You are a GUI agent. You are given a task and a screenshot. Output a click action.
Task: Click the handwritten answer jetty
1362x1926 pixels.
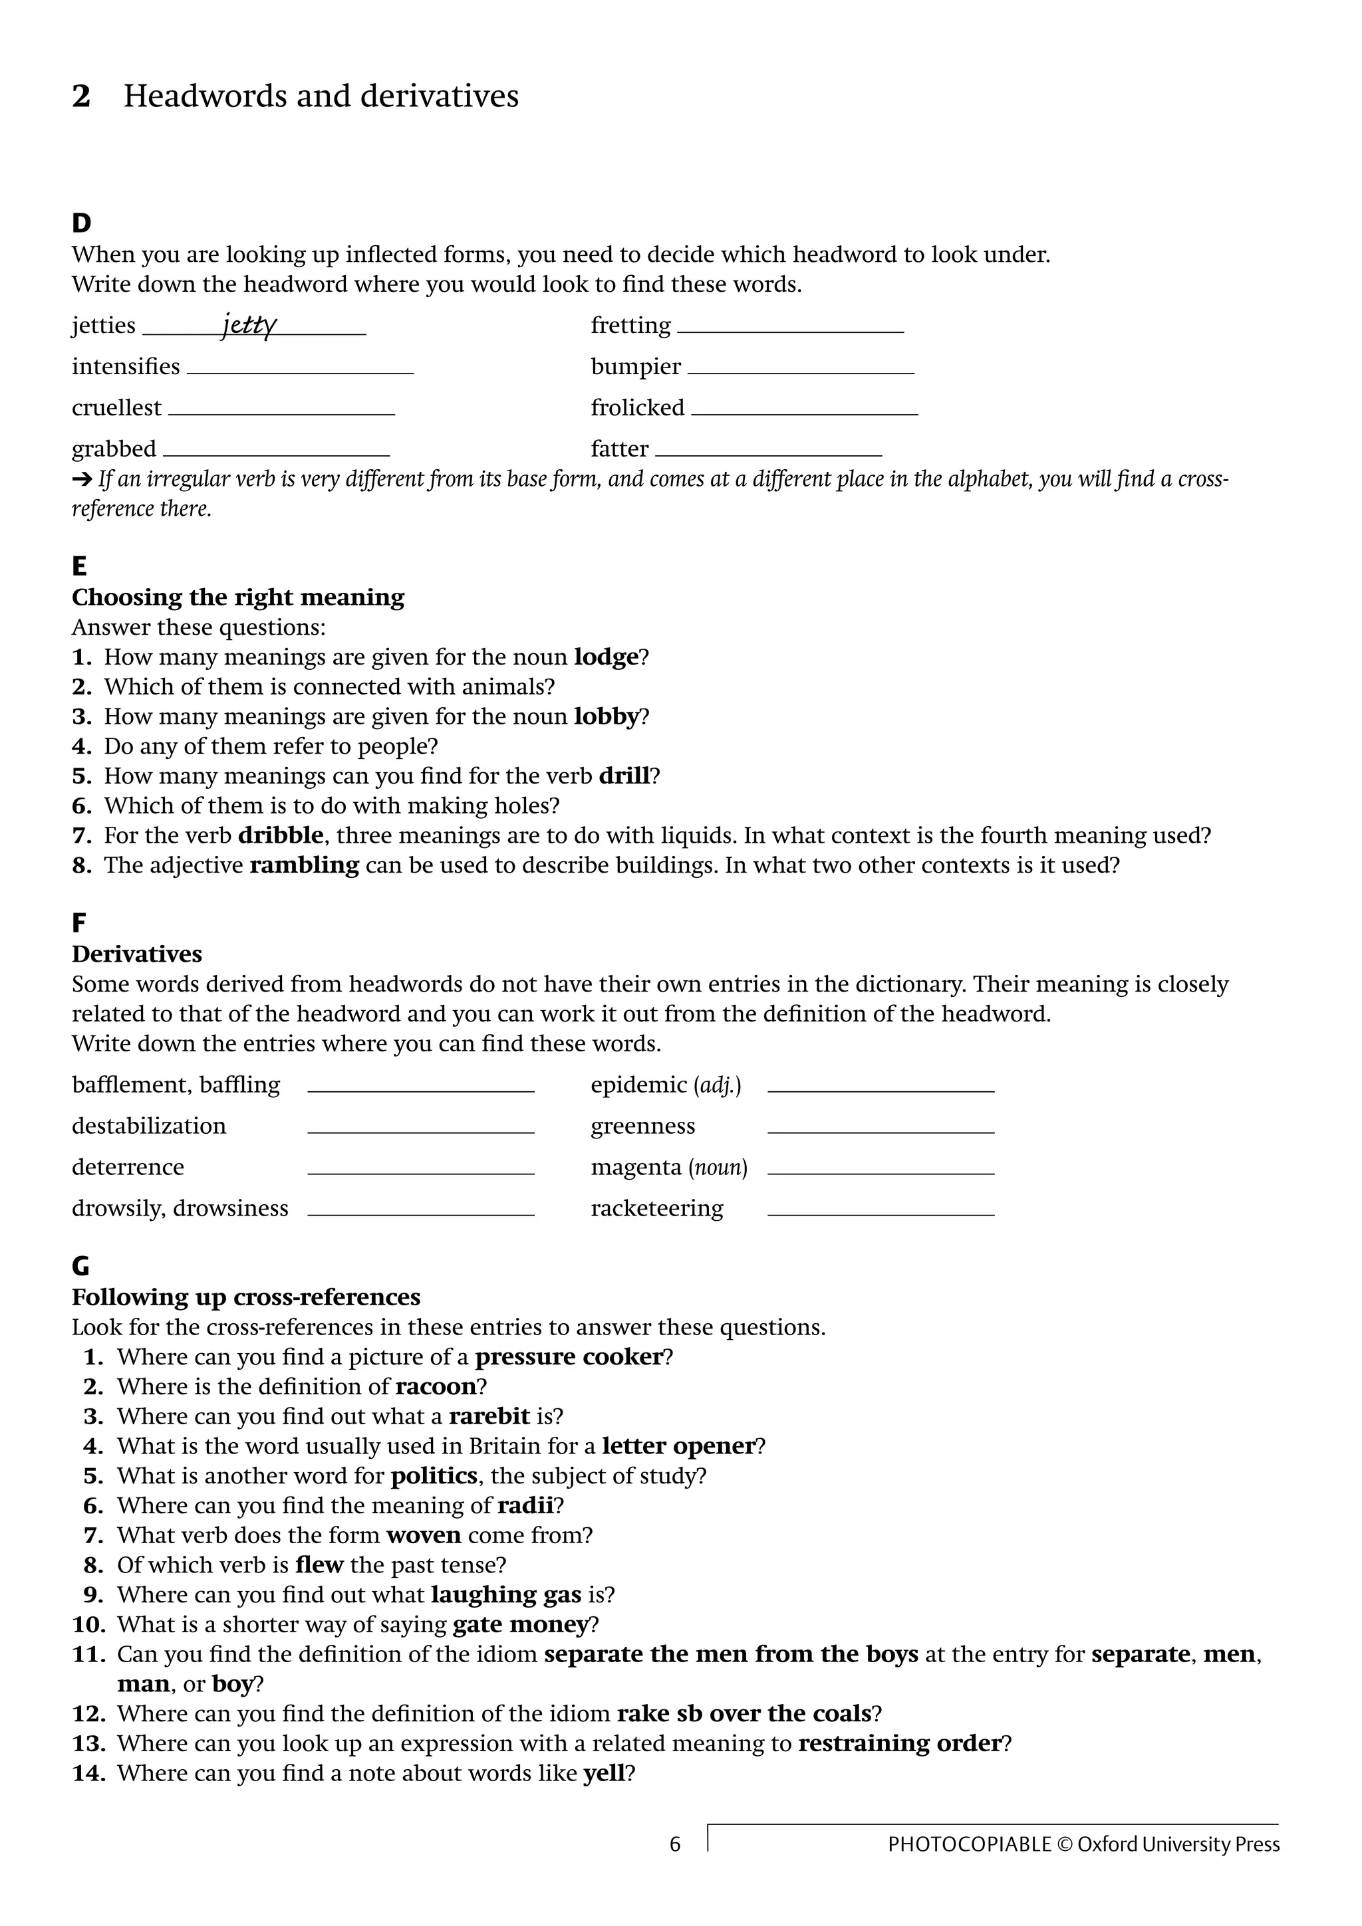[x=249, y=324]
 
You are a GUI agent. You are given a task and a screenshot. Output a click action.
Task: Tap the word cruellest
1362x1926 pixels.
[x=116, y=407]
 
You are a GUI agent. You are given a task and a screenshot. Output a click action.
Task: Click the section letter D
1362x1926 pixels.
[x=81, y=223]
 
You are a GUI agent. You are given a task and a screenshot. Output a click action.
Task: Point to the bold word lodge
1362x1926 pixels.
[x=606, y=657]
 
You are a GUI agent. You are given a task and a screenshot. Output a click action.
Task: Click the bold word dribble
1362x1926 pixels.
[x=280, y=835]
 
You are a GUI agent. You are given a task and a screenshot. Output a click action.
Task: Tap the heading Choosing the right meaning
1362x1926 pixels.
[x=237, y=597]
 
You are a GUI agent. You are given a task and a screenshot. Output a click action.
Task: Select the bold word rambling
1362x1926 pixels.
[x=304, y=865]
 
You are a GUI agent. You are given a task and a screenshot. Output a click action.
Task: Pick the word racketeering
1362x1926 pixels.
[x=656, y=1208]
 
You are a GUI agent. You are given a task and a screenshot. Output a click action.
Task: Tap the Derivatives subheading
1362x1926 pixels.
[x=137, y=954]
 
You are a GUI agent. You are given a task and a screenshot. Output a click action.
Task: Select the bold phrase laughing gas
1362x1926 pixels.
[x=506, y=1594]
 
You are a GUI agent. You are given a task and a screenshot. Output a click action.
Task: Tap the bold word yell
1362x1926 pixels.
[x=605, y=1772]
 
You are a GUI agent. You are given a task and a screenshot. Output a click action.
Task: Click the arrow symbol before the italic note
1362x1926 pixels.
[x=81, y=480]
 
